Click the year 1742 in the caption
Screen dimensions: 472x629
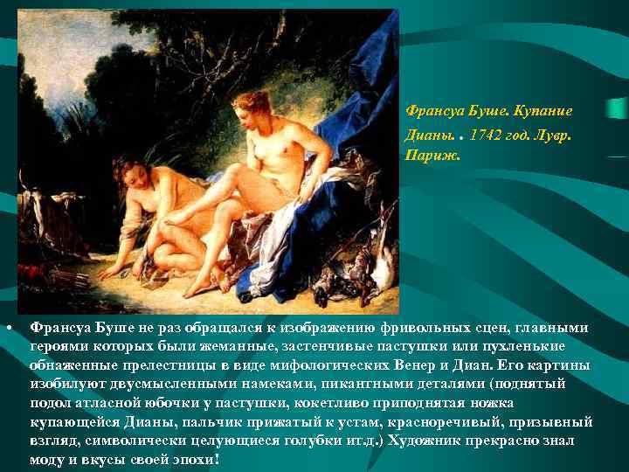pyautogui.click(x=486, y=135)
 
